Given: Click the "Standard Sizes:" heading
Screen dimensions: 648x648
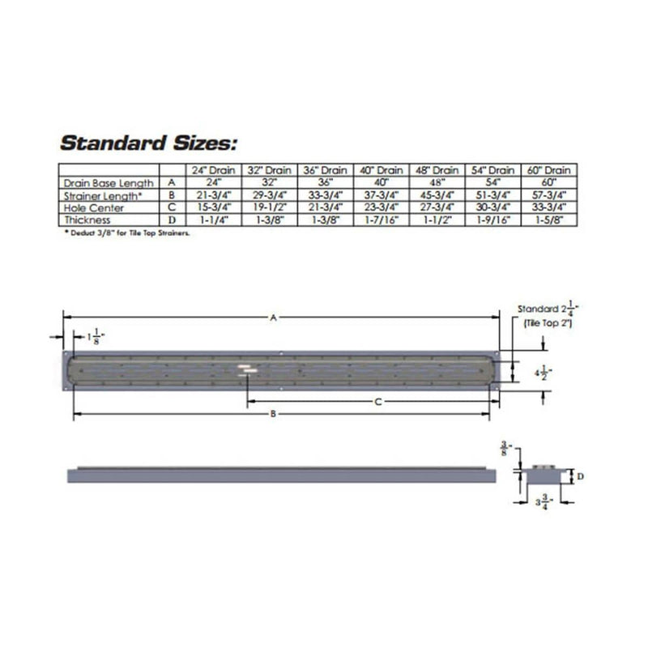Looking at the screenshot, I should pos(147,144).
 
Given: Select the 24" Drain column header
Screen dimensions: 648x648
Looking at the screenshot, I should pos(214,171).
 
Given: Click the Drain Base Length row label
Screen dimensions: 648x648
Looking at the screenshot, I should pos(109,184).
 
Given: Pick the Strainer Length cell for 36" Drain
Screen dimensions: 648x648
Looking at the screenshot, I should pos(325,195).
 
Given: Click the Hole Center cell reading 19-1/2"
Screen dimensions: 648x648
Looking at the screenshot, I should pos(269,207).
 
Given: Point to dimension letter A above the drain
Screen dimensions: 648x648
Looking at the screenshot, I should pos(274,318).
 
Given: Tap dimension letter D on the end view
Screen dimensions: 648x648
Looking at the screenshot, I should pos(580,476).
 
